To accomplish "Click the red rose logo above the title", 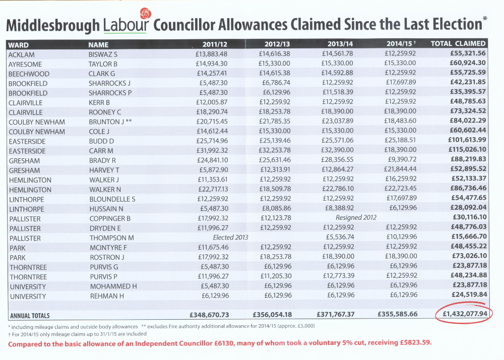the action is pos(146,14).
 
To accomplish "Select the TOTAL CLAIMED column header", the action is pos(458,44).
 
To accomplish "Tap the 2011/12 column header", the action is pos(215,45).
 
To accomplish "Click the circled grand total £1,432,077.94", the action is pos(465,314).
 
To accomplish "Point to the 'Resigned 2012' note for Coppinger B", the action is pos(356,218).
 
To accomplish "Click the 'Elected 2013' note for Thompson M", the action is pos(230,237).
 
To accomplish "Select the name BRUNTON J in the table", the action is pos(106,122).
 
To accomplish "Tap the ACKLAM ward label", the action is pos(22,55).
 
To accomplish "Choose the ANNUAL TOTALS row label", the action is pos(30,316).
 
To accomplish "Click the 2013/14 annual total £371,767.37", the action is pos(336,314).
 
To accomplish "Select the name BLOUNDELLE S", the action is pos(112,199).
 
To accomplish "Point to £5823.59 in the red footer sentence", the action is pos(415,342).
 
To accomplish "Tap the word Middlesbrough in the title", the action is pos(53,26).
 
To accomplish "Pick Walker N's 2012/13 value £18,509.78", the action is pos(275,189).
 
